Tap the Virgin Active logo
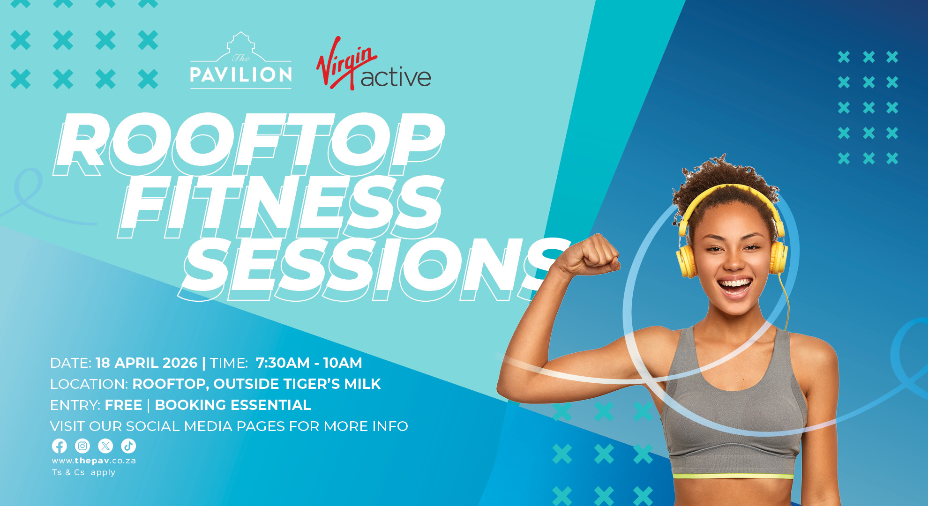tap(374, 63)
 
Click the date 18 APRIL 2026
tap(146, 363)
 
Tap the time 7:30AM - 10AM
tap(309, 363)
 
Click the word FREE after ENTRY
tap(123, 405)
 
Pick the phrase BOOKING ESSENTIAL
tap(233, 405)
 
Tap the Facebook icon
tap(60, 446)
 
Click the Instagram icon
tap(82, 446)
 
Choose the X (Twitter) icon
tap(105, 446)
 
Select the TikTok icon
tap(128, 446)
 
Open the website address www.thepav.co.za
tap(94, 461)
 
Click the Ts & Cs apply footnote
tap(83, 472)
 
